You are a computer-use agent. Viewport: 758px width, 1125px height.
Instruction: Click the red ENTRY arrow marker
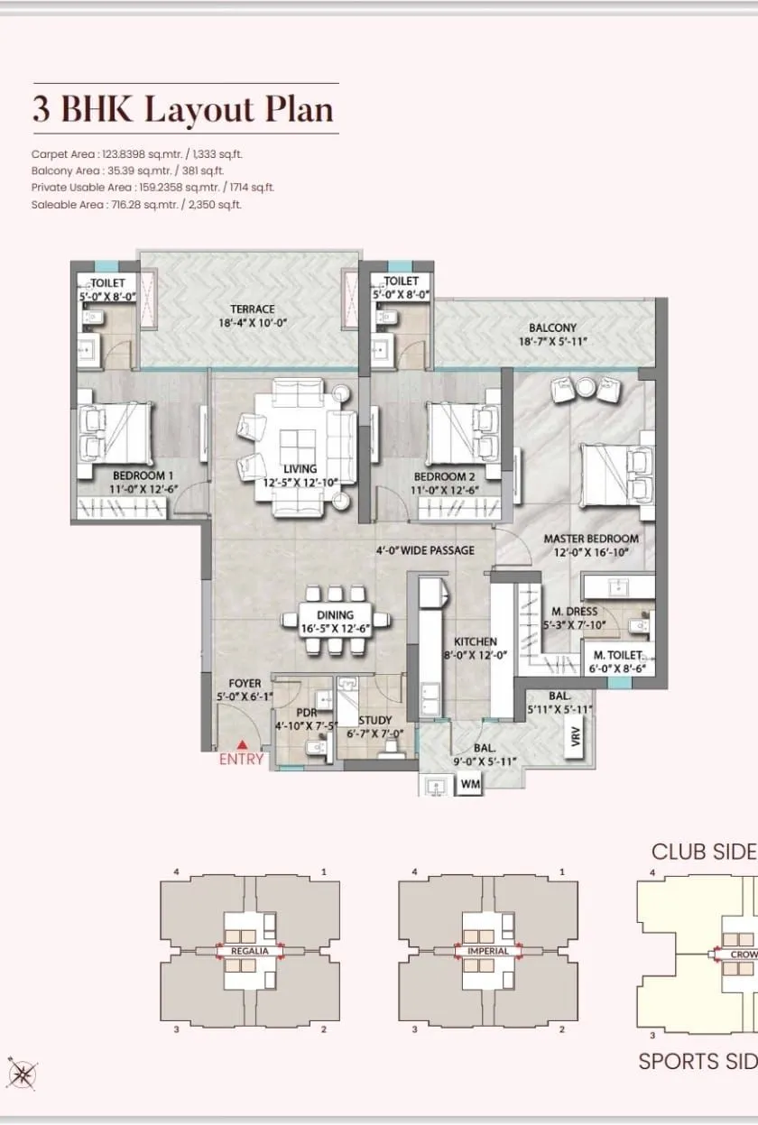pos(242,744)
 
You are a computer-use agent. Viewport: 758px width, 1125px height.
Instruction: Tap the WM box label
pos(469,785)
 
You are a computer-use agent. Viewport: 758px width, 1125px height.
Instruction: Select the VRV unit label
pos(576,739)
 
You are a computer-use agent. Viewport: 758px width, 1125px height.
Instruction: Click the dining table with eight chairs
pos(336,620)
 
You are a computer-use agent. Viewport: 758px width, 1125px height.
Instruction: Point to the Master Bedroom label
pos(590,539)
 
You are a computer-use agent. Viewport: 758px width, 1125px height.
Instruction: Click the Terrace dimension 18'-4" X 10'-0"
pos(252,323)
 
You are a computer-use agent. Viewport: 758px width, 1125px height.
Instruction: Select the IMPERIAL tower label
pos(488,951)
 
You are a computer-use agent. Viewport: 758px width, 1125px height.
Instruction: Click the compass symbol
pos(20,1073)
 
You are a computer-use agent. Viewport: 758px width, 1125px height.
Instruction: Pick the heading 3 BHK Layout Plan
pos(183,109)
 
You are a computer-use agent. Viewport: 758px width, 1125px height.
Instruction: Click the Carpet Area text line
pos(137,154)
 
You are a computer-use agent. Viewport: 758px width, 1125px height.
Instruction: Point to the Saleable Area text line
pos(136,205)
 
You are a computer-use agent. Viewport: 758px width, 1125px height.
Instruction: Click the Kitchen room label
pos(475,641)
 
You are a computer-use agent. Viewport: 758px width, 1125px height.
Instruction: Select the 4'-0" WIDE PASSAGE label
pos(425,550)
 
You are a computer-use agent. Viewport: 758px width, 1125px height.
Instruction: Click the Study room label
pos(374,720)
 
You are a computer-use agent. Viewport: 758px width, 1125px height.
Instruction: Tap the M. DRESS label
pos(569,612)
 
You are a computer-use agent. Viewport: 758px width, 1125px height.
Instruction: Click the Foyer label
pos(245,684)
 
